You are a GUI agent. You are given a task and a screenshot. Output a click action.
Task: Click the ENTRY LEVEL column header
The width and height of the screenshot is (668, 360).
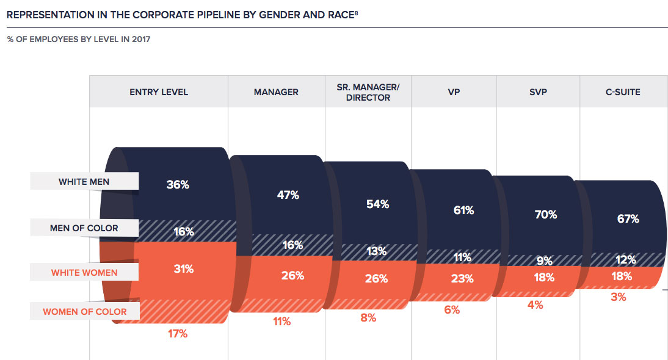click(159, 92)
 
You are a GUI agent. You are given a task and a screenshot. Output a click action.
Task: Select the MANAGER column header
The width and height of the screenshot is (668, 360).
click(276, 92)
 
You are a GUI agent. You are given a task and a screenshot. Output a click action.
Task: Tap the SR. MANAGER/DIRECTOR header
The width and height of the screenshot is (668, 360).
click(368, 92)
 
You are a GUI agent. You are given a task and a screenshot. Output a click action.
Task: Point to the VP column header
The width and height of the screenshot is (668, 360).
click(453, 92)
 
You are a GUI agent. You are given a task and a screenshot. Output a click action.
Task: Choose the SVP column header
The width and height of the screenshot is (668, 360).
click(538, 92)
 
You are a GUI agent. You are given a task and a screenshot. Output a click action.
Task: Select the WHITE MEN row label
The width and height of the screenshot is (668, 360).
click(85, 181)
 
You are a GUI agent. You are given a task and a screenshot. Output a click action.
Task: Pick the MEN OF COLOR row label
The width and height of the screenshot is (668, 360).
click(84, 228)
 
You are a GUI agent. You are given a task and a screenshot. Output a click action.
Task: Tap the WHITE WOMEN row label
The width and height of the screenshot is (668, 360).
click(84, 272)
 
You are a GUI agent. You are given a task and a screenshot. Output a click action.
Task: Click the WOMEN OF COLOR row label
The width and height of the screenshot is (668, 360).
click(84, 312)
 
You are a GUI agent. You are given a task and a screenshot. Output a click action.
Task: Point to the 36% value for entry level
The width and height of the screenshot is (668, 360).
click(178, 184)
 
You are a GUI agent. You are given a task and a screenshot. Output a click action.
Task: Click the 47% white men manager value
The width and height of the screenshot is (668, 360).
click(288, 195)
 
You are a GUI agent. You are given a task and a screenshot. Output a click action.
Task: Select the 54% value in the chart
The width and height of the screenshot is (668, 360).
click(377, 204)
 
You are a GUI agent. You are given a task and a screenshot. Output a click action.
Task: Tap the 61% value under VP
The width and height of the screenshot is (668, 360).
click(463, 211)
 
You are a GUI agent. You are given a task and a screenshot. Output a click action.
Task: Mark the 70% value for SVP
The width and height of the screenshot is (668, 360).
click(545, 215)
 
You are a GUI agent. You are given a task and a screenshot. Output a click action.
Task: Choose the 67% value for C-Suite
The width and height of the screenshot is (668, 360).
click(628, 218)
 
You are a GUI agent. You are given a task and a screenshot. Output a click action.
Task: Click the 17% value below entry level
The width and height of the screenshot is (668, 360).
click(177, 334)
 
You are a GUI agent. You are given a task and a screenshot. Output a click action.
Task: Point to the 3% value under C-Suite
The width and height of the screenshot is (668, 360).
click(618, 297)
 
